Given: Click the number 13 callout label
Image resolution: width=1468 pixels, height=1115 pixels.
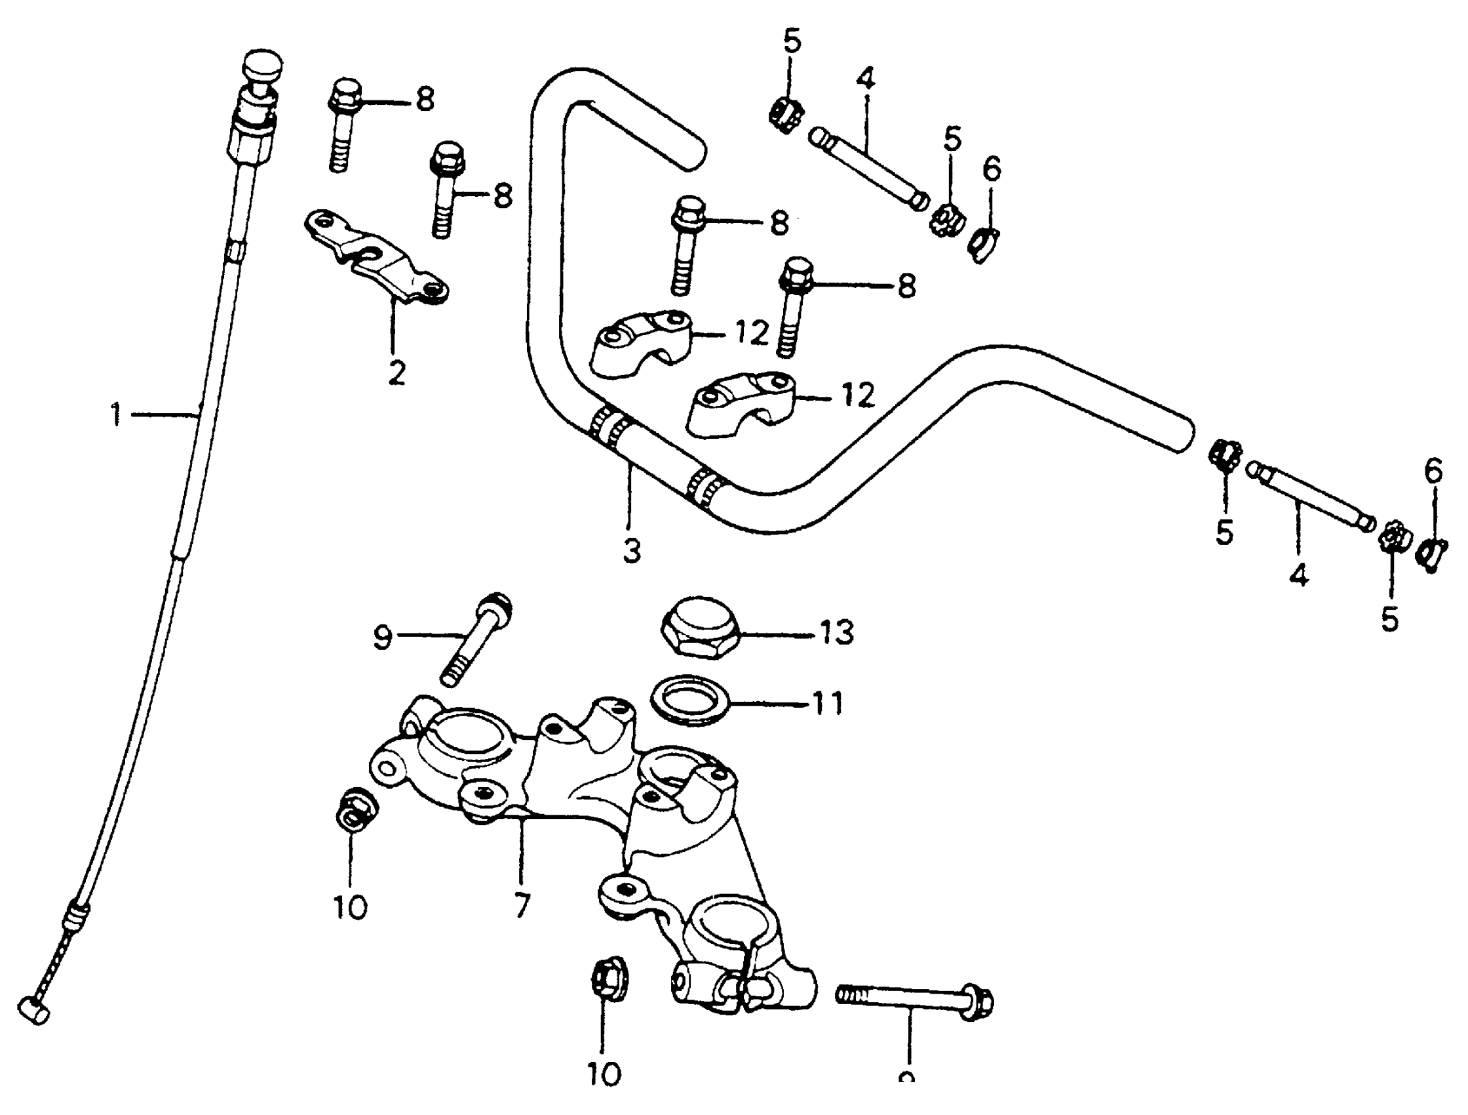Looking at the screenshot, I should (x=837, y=633).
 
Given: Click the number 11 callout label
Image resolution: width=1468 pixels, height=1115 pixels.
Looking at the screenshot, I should (x=827, y=703).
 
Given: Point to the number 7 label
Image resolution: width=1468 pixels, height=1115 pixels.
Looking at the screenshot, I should (x=522, y=905).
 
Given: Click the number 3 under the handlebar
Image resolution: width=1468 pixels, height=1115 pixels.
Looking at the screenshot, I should (x=632, y=550).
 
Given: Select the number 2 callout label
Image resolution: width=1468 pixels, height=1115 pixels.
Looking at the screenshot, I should (x=397, y=373).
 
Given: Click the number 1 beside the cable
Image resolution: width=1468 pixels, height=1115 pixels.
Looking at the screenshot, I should (x=116, y=415).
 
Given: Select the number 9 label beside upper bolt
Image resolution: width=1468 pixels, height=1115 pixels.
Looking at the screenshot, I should (x=383, y=638).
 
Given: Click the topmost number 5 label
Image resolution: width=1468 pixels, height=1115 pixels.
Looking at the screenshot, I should (x=792, y=41).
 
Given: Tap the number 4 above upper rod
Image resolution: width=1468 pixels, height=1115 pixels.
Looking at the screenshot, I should (x=866, y=78).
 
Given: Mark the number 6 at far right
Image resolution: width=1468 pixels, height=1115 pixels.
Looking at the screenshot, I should (x=1433, y=471).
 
